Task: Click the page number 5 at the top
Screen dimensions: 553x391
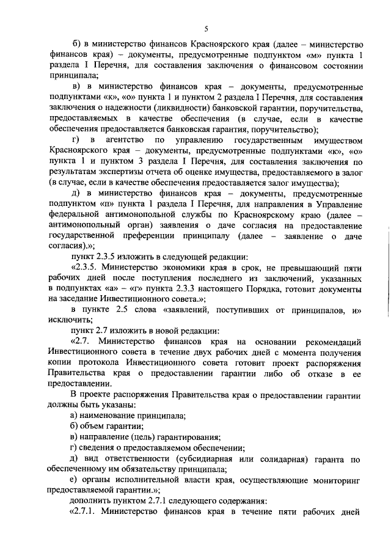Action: [206, 29]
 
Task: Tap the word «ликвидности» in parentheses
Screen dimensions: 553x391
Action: [172, 109]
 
